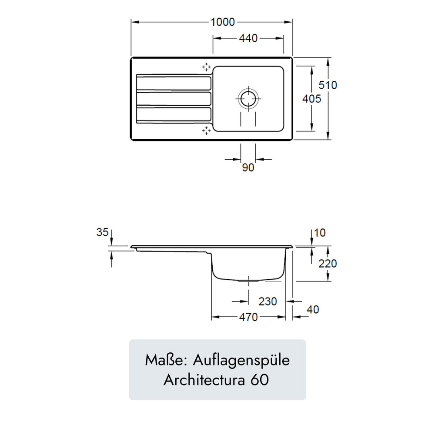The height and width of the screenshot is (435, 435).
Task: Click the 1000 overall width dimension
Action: [x=222, y=22]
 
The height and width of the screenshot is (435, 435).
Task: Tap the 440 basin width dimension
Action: [x=248, y=38]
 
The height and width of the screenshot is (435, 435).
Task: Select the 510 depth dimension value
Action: [x=328, y=85]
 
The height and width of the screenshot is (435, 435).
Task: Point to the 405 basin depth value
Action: [x=311, y=98]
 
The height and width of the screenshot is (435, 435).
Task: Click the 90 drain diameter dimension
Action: [x=248, y=167]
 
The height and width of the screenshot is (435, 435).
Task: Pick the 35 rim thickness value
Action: [x=102, y=232]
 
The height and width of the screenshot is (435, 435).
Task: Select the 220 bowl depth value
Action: [x=328, y=263]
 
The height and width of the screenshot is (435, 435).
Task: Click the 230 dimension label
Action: [x=268, y=301]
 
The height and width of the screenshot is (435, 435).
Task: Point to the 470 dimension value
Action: [x=248, y=317]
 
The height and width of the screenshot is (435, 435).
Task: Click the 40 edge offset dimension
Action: [x=313, y=309]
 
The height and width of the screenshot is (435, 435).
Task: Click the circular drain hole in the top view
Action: [x=248, y=98]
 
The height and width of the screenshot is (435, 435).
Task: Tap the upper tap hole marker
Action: [x=206, y=67]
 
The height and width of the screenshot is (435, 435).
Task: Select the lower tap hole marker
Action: [x=206, y=130]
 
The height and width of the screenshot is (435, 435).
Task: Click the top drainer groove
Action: [x=174, y=83]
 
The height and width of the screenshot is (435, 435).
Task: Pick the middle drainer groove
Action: [x=174, y=99]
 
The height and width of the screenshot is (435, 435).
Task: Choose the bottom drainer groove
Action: [x=174, y=114]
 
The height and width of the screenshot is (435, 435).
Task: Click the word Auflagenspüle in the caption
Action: [x=241, y=360]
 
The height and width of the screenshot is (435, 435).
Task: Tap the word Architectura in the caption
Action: [x=204, y=380]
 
